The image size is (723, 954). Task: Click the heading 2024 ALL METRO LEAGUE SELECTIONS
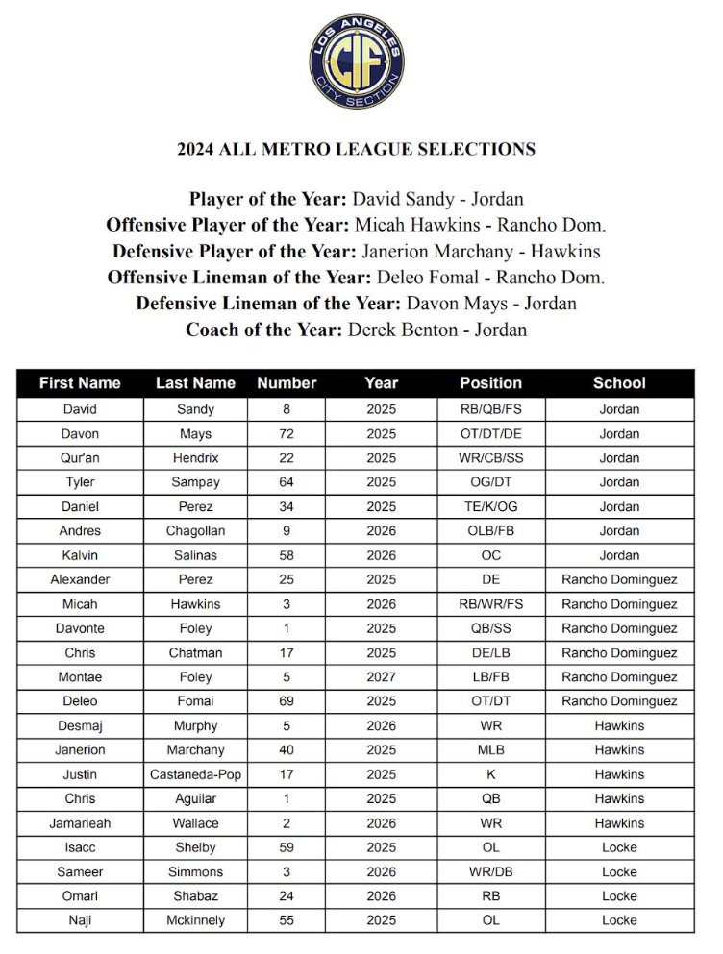pos(356,149)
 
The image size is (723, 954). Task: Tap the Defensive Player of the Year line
pos(356,252)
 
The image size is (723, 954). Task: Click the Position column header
pos(490,382)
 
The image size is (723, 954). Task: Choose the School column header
pos(619,382)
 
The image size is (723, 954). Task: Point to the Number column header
pos(287,382)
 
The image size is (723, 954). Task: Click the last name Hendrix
pos(195,457)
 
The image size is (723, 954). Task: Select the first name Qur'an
pos(80,457)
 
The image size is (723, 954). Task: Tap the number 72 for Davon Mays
pos(287,433)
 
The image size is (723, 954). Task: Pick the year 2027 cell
pos(381,677)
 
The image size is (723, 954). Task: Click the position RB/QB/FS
pos(490,408)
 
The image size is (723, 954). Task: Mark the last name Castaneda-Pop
pos(195,774)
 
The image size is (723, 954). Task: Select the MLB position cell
pos(490,750)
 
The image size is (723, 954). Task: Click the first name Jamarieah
pos(80,823)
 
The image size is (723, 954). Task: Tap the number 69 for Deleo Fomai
pos(287,701)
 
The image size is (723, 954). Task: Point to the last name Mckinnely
pos(195,920)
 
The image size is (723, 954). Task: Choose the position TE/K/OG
pos(490,506)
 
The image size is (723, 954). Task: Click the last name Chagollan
pos(195,530)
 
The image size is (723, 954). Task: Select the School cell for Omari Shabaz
pos(619,896)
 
